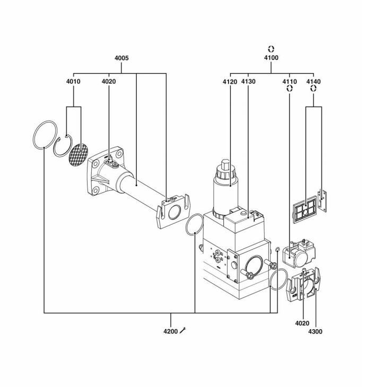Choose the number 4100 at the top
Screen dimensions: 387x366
(271, 57)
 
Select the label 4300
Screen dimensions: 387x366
(315, 331)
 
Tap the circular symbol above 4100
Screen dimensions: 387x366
(271, 48)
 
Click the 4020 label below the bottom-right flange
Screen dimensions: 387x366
(301, 322)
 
